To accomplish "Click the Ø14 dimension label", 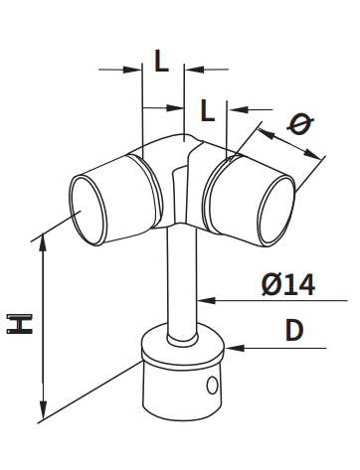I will [287, 285].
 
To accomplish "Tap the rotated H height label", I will [20, 324].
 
